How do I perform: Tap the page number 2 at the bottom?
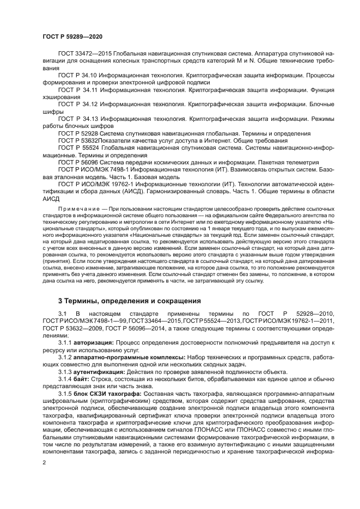(x=44, y=462)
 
